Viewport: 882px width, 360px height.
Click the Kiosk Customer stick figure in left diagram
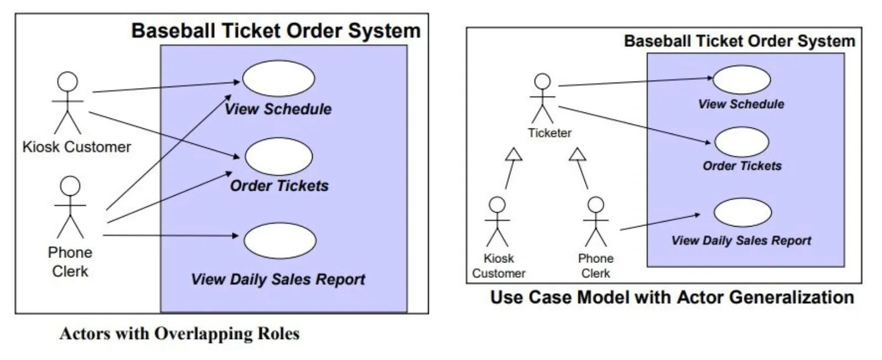(67, 103)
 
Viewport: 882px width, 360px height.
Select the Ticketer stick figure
(542, 99)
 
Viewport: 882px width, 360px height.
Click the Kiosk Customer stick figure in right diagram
(497, 222)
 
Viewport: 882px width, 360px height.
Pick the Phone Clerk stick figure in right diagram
(595, 222)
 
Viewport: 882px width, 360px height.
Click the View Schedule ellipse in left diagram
(278, 79)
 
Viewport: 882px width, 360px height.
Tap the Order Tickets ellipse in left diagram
(278, 157)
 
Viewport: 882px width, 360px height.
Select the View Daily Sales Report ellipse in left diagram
(280, 241)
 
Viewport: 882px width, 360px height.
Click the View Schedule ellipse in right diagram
(741, 80)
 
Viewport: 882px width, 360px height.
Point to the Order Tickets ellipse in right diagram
(741, 142)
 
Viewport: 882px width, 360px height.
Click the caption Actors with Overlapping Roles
(180, 334)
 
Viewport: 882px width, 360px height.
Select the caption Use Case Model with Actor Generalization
(672, 298)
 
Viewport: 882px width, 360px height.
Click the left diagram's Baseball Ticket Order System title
(276, 30)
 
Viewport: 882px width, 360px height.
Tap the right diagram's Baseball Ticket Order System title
(739, 41)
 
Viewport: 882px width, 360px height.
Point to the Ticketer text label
(549, 133)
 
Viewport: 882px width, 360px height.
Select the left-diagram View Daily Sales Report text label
(278, 279)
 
